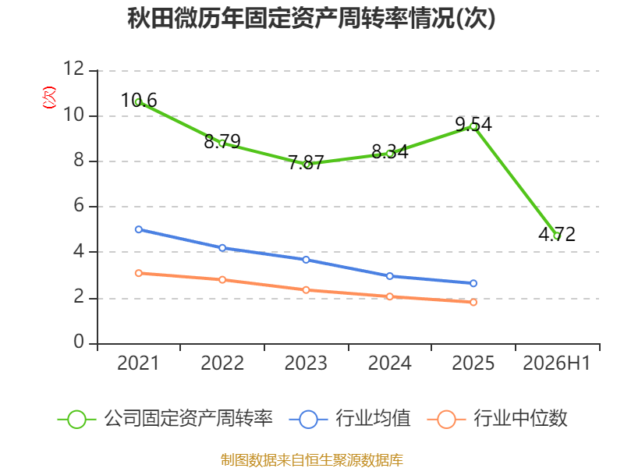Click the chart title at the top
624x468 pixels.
click(311, 19)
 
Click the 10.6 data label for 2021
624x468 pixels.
click(139, 101)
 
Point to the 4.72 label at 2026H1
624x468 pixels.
click(557, 234)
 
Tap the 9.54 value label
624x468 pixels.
click(473, 125)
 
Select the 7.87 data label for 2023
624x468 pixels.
click(306, 162)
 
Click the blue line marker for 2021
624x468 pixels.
click(139, 229)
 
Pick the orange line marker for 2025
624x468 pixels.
click(473, 303)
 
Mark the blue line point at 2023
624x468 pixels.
click(306, 260)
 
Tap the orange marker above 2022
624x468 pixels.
click(222, 280)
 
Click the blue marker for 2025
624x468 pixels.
click(473, 283)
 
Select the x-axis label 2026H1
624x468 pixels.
click(557, 363)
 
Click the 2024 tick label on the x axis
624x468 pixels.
click(389, 363)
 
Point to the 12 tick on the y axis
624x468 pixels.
click(73, 69)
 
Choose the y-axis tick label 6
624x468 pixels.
click(79, 206)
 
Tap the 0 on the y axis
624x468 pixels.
click(79, 342)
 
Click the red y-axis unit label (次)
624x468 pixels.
click(49, 97)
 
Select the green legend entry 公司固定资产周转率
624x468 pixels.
click(165, 419)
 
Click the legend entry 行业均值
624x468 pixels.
click(349, 419)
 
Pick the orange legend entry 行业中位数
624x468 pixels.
click(497, 419)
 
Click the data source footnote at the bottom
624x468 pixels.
click(311, 460)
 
